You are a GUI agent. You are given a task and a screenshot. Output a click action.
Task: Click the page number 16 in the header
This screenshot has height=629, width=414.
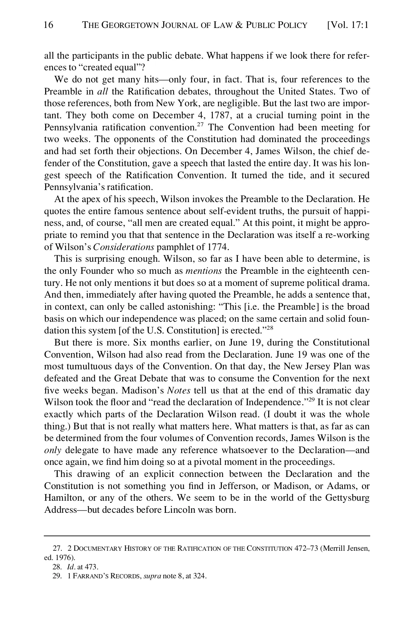point(49,25)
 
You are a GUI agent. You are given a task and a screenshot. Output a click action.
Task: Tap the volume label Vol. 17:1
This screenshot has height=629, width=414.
point(347,25)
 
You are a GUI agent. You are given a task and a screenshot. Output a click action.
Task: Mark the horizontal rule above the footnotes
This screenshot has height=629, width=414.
point(207,536)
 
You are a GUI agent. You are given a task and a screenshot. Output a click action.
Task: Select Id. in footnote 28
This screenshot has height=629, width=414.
point(71,567)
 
